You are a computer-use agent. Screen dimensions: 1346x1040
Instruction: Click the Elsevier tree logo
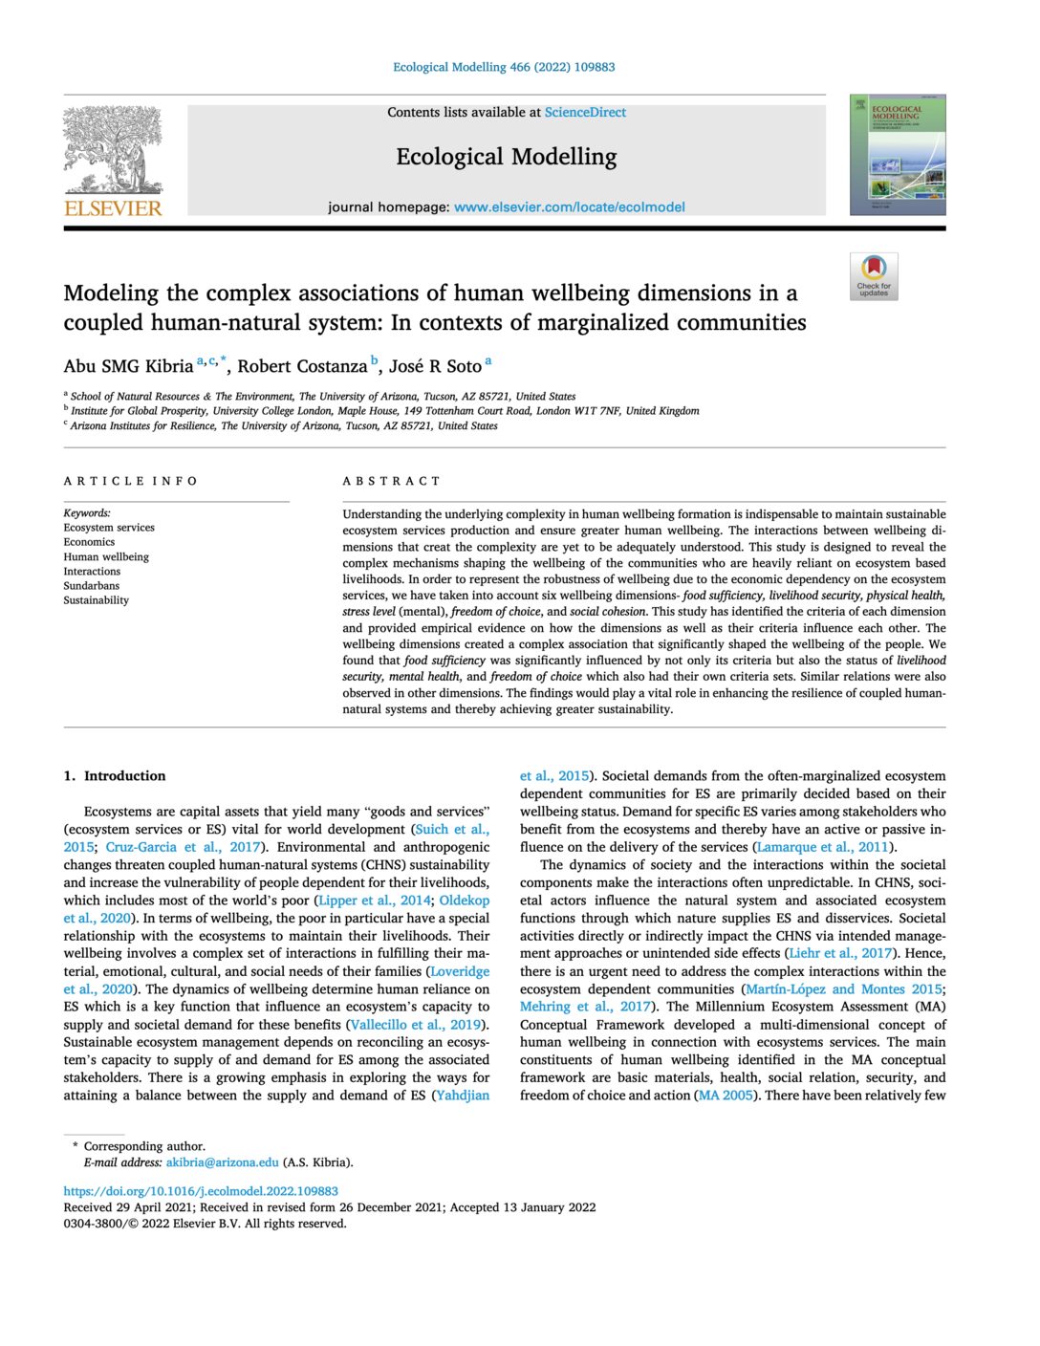113,150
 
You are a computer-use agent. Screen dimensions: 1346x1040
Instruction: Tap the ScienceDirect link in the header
585,113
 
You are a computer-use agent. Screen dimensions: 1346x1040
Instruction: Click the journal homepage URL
569,207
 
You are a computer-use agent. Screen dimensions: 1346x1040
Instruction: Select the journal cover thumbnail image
897,154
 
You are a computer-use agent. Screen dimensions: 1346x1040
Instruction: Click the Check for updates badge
873,277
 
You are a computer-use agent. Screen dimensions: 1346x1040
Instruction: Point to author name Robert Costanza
302,366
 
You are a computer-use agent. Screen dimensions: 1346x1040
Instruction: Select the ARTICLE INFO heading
131,481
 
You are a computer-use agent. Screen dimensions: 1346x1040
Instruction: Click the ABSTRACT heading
392,481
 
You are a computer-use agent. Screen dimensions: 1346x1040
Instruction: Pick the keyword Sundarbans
92,586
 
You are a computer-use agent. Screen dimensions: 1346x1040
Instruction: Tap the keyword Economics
89,542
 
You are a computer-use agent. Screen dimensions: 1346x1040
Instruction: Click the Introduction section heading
115,776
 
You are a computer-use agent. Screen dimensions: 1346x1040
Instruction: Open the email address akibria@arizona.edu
223,1162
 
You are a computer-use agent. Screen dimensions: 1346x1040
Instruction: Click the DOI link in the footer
201,1191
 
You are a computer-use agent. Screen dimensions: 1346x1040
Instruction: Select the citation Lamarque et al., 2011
822,847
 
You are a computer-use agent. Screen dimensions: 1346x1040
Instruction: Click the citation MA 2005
726,1096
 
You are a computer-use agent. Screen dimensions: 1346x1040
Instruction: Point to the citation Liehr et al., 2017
839,953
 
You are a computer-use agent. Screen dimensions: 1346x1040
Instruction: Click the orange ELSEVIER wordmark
113,208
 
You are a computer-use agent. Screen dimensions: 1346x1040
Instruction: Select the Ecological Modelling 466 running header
504,67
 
